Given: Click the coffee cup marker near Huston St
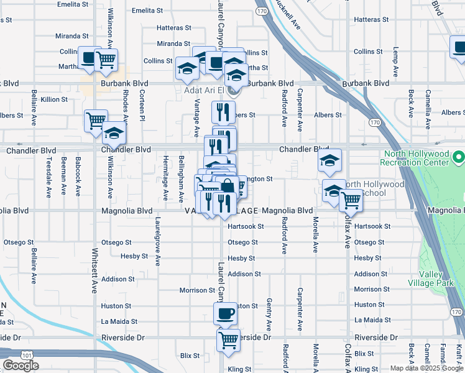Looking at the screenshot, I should tap(225, 313).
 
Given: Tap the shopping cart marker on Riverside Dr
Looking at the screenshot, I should tap(228, 339).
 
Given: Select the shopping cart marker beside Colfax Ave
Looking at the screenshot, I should tap(351, 200).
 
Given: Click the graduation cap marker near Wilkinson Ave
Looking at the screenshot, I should tap(114, 133).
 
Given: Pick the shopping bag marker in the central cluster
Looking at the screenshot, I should tap(228, 186).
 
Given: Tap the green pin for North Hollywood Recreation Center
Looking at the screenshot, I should tap(459, 155).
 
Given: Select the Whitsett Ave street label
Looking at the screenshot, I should tap(95, 272).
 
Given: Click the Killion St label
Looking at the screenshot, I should tap(54, 99).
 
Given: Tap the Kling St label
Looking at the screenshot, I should tap(239, 369).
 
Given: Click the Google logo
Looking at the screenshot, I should tap(21, 366).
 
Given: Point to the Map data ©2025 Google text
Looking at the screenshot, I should tap(426, 369).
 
